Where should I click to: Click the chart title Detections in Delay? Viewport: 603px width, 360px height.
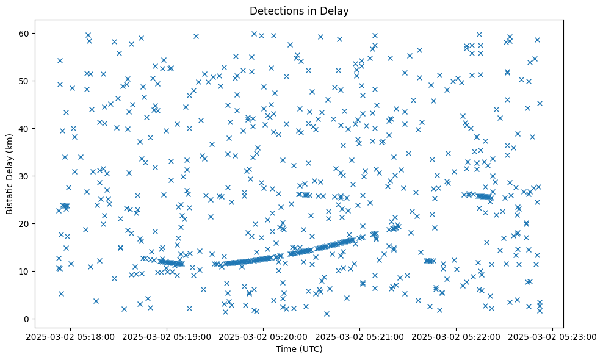(299, 10)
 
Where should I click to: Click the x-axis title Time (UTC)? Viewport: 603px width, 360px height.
(299, 349)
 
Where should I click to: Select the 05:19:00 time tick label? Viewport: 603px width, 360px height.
(167, 336)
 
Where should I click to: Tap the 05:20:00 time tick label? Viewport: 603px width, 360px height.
(263, 336)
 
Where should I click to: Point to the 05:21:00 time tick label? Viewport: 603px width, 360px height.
(359, 336)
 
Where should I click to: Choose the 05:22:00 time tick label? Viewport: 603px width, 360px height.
(456, 336)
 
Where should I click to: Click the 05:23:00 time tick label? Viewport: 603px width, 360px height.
(553, 336)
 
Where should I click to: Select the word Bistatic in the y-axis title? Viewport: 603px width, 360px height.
(10, 195)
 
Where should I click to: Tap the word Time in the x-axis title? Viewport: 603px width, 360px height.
(286, 349)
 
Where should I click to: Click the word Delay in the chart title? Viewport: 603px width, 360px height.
(336, 10)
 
